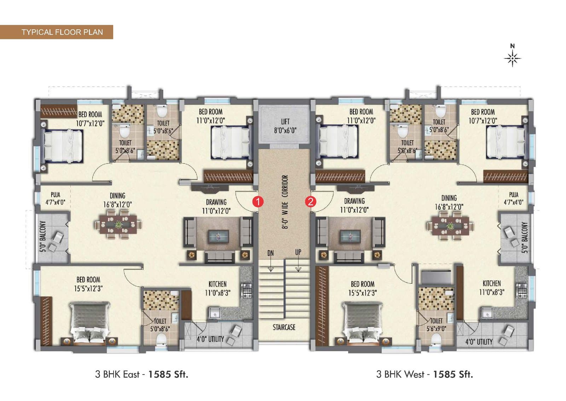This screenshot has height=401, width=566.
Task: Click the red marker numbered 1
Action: click(258, 202)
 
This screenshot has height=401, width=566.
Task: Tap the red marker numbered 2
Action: click(311, 202)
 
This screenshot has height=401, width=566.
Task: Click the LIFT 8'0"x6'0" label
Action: click(285, 126)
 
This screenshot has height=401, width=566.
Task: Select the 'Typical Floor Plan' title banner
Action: click(56, 32)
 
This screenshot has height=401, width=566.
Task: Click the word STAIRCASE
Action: click(284, 327)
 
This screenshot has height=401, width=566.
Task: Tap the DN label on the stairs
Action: click(270, 253)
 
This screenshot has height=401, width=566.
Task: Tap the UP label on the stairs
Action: click(298, 252)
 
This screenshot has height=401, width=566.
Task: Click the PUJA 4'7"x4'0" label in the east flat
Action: click(55, 198)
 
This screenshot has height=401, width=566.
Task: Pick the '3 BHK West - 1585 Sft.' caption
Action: click(424, 374)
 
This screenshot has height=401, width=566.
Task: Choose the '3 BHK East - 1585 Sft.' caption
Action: click(141, 374)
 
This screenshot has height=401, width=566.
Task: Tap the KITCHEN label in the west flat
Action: click(491, 283)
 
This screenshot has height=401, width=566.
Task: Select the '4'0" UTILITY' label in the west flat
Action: click(479, 342)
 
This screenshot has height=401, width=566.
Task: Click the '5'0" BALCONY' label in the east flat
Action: click(43, 236)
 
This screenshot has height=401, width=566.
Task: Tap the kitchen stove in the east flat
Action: click(247, 290)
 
